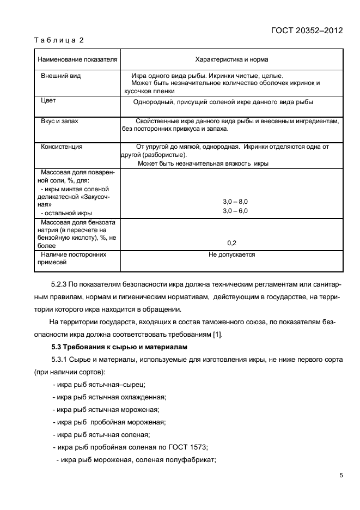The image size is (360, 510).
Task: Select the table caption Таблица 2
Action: click(x=59, y=40)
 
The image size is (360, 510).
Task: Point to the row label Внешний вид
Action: click(x=61, y=76)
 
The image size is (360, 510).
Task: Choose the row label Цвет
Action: click(x=48, y=101)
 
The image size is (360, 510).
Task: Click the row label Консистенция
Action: click(x=62, y=147)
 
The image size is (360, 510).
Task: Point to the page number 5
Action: click(x=340, y=476)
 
